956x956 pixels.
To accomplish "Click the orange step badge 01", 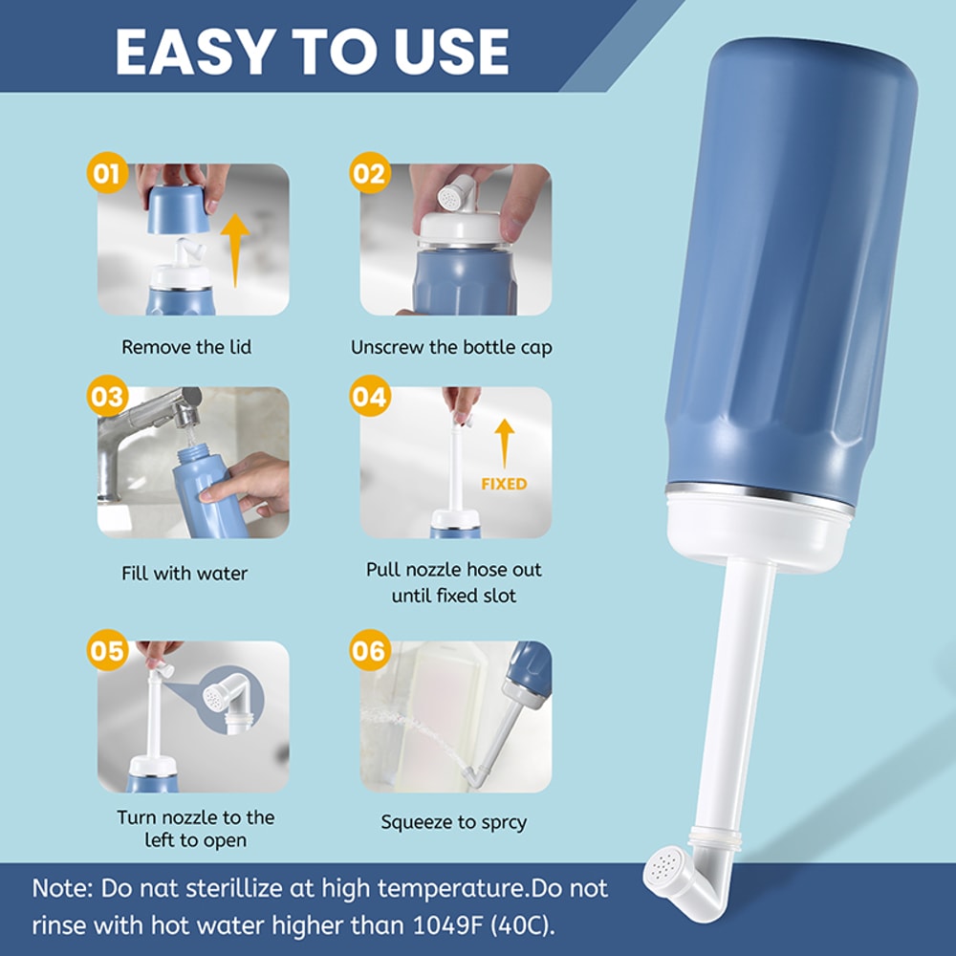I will (x=106, y=174).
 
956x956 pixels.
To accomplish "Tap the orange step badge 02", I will (x=369, y=174).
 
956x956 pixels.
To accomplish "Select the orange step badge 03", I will (x=106, y=396).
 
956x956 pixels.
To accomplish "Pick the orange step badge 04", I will (x=369, y=396).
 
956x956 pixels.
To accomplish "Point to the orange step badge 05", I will (x=106, y=651).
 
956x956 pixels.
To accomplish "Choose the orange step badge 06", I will (x=369, y=651).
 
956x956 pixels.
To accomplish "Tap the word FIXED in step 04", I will (x=504, y=484).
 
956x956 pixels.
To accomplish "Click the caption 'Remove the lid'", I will (x=186, y=346).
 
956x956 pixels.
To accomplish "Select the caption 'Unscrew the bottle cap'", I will (x=451, y=346).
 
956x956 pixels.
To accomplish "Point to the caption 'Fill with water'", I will (x=185, y=574).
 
